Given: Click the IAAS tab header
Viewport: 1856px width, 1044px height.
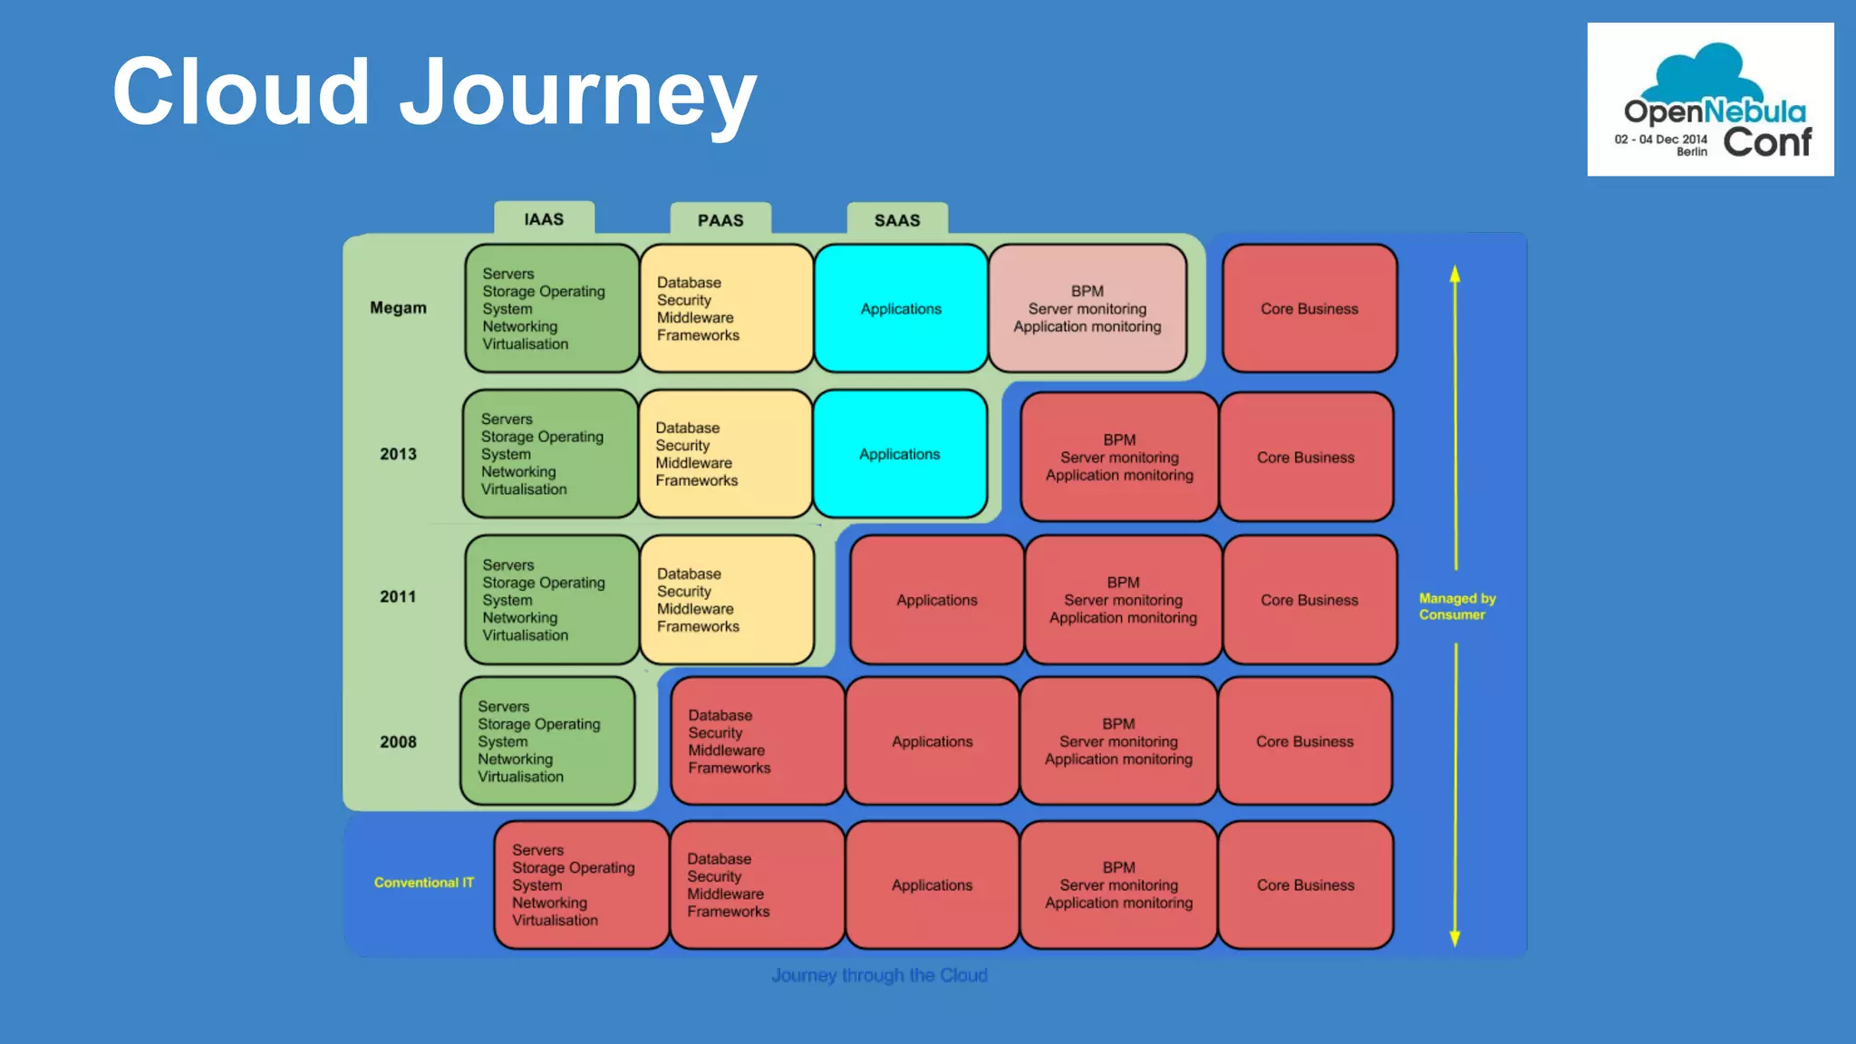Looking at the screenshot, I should tap(544, 219).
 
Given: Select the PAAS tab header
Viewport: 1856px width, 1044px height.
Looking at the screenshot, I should tap(720, 220).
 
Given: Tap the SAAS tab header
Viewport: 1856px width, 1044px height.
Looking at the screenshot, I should tap(897, 220).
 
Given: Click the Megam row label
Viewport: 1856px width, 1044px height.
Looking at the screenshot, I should tap(398, 308).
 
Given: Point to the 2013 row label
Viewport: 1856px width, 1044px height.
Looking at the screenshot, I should tap(398, 454).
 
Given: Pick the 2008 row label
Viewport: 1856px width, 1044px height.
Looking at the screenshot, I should tap(398, 742).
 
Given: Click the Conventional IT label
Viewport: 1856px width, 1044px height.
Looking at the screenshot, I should tap(423, 883).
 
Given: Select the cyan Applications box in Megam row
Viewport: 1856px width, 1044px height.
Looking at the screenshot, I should tap(901, 308).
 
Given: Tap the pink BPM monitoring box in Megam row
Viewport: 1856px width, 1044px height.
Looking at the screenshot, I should tap(1087, 308).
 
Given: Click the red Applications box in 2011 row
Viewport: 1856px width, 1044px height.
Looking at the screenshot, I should tap(936, 600).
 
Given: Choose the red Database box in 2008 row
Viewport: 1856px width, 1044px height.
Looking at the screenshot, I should tap(758, 741).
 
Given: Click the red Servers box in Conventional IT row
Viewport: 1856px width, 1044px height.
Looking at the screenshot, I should tap(581, 884).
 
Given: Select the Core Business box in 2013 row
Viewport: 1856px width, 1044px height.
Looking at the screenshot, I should tap(1306, 457).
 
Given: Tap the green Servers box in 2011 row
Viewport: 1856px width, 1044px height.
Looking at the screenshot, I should tap(551, 600).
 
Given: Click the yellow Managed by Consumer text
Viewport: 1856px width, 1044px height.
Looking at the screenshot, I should tap(1456, 606).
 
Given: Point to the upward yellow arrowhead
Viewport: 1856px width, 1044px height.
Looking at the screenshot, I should tap(1455, 274).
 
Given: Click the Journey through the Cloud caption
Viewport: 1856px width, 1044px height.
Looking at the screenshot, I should tap(879, 975).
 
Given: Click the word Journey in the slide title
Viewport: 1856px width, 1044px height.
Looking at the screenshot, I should tap(577, 92).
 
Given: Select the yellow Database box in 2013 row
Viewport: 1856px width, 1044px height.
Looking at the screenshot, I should tap(725, 454).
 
